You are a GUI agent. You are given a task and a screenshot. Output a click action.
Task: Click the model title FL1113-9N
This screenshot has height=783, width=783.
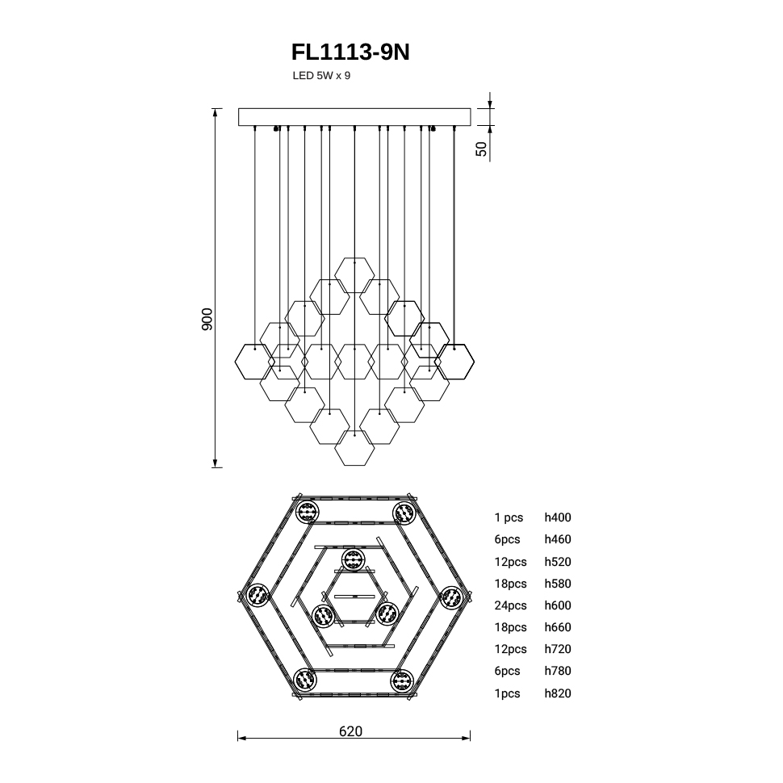tap(350, 52)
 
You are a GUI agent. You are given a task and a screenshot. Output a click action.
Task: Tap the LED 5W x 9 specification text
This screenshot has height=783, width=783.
tap(321, 76)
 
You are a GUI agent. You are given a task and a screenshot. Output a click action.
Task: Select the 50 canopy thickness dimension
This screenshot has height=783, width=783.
tap(481, 149)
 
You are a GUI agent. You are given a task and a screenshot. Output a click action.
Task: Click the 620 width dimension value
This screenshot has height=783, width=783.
tap(350, 731)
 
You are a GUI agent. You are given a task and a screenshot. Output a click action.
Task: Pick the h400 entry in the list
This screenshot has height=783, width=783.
tap(558, 517)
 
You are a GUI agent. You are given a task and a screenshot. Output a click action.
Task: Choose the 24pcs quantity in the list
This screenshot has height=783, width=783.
tap(510, 605)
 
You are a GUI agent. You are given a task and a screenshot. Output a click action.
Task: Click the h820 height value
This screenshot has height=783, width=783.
tap(558, 693)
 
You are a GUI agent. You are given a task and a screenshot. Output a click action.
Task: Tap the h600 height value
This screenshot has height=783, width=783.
tap(558, 605)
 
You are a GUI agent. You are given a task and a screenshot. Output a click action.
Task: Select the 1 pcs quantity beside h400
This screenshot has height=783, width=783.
tap(509, 518)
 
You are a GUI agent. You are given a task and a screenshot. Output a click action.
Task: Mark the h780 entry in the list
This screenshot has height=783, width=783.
tap(558, 671)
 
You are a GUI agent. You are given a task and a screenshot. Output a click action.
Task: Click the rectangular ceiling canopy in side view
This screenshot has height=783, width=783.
tap(354, 117)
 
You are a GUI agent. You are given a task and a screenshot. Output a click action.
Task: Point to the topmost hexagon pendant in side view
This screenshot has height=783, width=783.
tap(354, 275)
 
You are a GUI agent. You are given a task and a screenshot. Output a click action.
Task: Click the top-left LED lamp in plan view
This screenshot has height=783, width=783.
tap(307, 513)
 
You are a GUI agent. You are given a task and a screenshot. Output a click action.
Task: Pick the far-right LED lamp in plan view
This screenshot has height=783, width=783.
tap(452, 597)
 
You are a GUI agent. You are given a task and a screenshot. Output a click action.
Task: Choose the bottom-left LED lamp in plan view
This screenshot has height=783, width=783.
tap(305, 680)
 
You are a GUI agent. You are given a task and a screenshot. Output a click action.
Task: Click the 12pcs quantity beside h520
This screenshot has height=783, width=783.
tap(510, 562)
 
